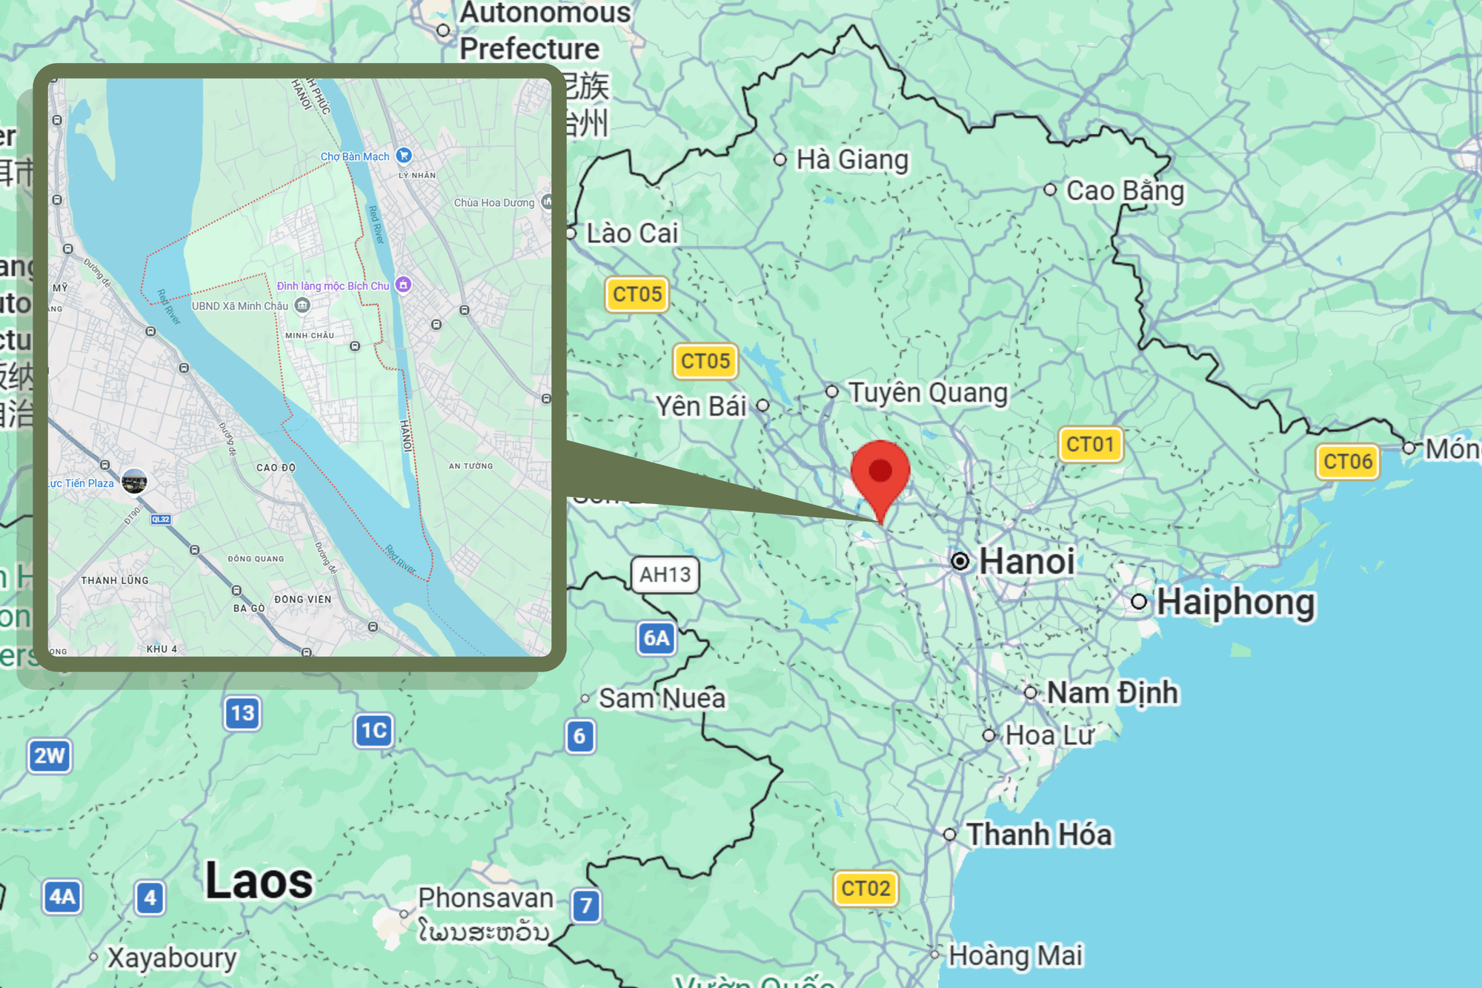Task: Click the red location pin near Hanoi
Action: click(880, 472)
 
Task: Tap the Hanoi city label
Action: click(1026, 561)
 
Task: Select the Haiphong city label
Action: click(1235, 602)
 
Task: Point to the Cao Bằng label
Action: click(1124, 190)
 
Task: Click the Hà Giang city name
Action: click(851, 159)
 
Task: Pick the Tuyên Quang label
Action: click(927, 392)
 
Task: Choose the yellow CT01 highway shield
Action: click(1090, 445)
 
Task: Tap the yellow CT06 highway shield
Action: click(1347, 462)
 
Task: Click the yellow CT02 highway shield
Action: click(865, 888)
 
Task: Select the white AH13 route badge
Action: click(665, 574)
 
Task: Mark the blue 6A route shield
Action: click(657, 638)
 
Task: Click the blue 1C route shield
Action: click(373, 731)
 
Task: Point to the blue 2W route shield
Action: click(50, 756)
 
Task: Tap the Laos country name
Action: click(259, 881)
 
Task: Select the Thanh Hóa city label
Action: click(1039, 835)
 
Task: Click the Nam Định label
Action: click(1111, 693)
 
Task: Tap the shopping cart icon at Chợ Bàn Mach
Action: click(404, 155)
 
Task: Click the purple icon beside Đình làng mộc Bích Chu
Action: click(403, 285)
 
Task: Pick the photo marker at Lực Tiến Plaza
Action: click(134, 482)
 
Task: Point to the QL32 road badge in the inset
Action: click(161, 519)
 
